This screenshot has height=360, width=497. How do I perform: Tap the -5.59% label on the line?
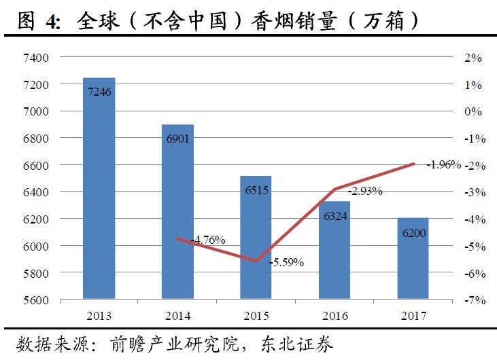pos(286,262)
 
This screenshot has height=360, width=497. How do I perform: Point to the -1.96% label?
pos(444,164)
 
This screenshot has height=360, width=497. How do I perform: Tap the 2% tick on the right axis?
pos(473,58)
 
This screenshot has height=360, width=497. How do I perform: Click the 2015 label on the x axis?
pos(256,316)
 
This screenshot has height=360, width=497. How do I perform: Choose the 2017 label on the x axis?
pos(413,316)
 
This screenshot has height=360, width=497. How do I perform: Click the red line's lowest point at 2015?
pos(256,261)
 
